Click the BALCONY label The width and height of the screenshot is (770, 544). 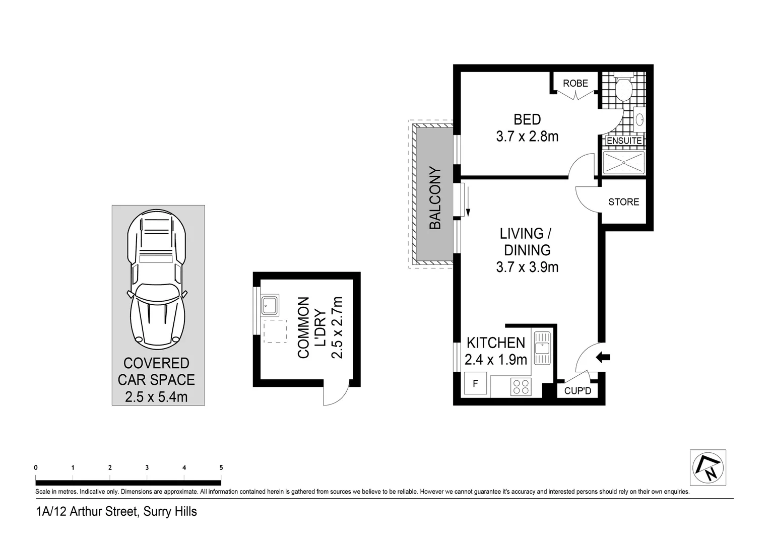(x=435, y=198)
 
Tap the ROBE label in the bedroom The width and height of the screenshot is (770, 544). (x=575, y=83)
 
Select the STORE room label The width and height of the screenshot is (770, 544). (x=623, y=202)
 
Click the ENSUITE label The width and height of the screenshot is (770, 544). (x=624, y=141)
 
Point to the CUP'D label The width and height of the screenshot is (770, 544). (x=577, y=391)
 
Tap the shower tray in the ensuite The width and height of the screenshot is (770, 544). (x=624, y=163)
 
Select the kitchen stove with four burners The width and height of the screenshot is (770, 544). (x=521, y=386)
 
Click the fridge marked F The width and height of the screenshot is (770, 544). (x=475, y=384)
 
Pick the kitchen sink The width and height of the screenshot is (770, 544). (x=542, y=348)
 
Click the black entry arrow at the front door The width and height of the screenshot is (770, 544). (x=603, y=357)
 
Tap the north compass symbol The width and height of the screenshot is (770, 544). (x=708, y=467)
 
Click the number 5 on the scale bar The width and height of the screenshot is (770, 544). (x=221, y=467)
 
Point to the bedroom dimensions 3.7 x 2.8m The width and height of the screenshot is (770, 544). (x=527, y=137)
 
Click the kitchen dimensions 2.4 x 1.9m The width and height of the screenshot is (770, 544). (x=495, y=360)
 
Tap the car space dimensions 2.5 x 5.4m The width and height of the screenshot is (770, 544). (x=156, y=397)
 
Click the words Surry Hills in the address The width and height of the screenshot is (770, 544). (x=170, y=512)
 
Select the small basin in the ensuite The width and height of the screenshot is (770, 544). (x=639, y=120)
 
